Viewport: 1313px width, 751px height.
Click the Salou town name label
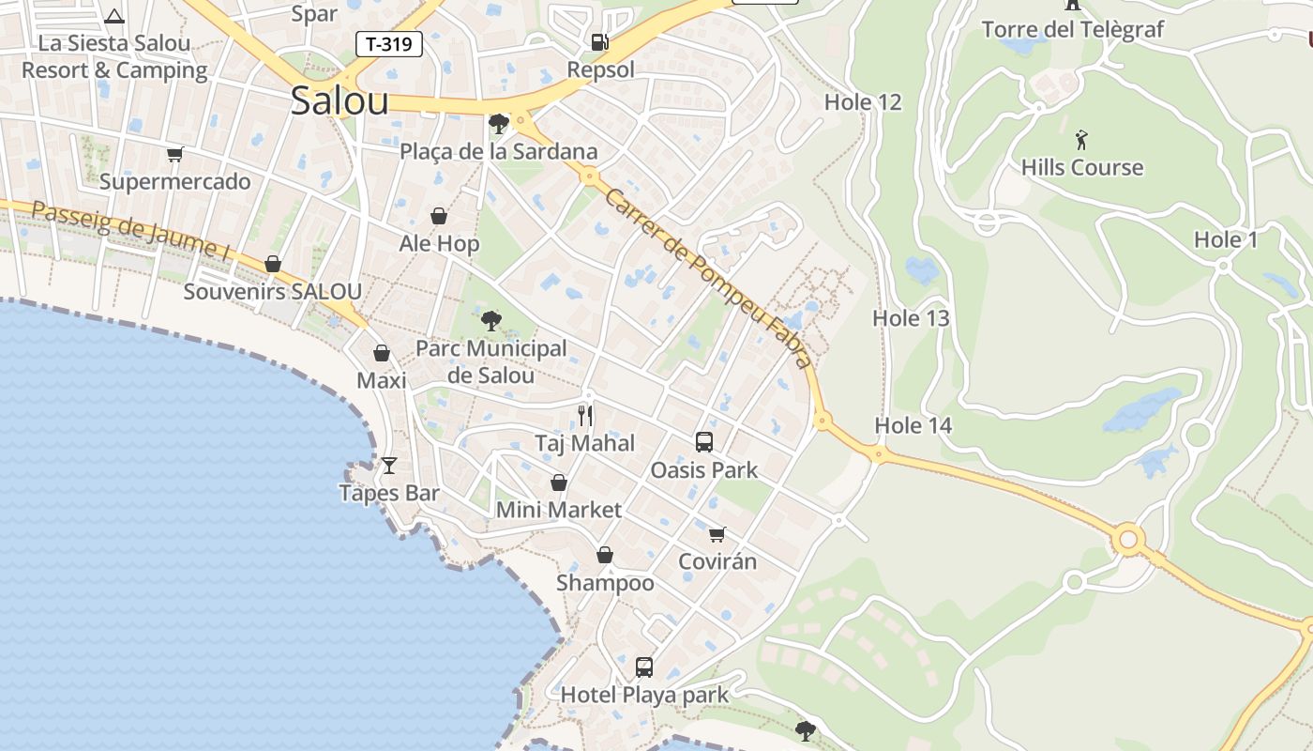pos(339,100)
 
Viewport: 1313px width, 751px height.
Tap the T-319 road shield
pos(388,43)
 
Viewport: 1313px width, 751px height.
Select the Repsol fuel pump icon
pos(599,41)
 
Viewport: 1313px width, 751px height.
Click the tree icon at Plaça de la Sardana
pos(499,123)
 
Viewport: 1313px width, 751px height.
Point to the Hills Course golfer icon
pos(1082,141)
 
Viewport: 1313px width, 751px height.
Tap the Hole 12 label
pos(862,102)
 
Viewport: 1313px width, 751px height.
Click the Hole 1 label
pos(1225,239)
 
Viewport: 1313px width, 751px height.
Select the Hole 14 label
pos(913,425)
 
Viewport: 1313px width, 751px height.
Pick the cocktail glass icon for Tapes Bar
pos(389,465)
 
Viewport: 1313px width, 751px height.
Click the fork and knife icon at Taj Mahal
pos(585,415)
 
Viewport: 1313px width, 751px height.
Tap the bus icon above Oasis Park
pos(703,441)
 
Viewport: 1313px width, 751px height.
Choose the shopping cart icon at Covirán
pos(717,534)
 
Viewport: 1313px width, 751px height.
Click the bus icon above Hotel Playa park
pos(643,667)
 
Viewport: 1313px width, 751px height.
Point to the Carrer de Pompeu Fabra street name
pos(707,278)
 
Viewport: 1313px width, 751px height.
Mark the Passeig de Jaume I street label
pos(131,230)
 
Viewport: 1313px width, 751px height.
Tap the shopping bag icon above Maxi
pos(382,353)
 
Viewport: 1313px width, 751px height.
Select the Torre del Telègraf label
pos(1072,29)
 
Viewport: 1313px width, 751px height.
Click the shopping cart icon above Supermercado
pos(174,154)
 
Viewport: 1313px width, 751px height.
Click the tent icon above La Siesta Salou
pos(114,16)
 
